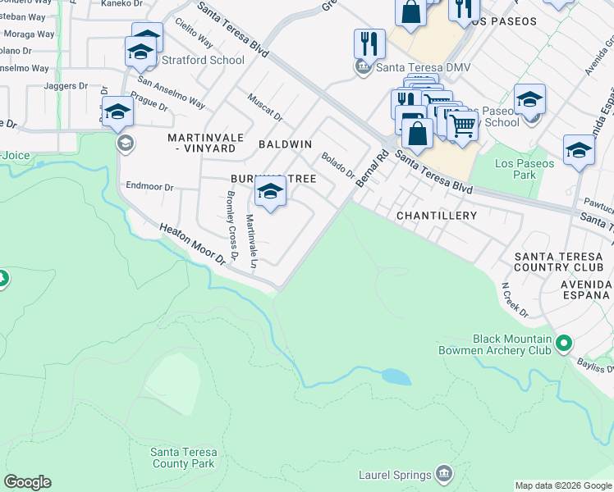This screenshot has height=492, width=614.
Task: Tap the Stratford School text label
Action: click(x=204, y=60)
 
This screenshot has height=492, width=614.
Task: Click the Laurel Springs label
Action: click(x=395, y=475)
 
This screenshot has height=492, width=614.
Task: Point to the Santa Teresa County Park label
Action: click(x=182, y=458)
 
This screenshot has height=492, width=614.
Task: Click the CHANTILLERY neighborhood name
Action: click(x=436, y=216)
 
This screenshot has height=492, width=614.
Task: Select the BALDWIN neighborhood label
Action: click(x=285, y=144)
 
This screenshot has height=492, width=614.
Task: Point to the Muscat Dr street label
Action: click(x=265, y=107)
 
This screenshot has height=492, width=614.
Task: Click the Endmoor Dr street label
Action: click(x=149, y=187)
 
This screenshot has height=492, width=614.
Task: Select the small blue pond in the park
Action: click(x=396, y=376)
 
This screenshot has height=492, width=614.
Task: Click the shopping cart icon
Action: click(x=463, y=125)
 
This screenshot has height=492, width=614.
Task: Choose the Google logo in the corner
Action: click(x=27, y=482)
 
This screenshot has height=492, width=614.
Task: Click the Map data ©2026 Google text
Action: click(x=563, y=485)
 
